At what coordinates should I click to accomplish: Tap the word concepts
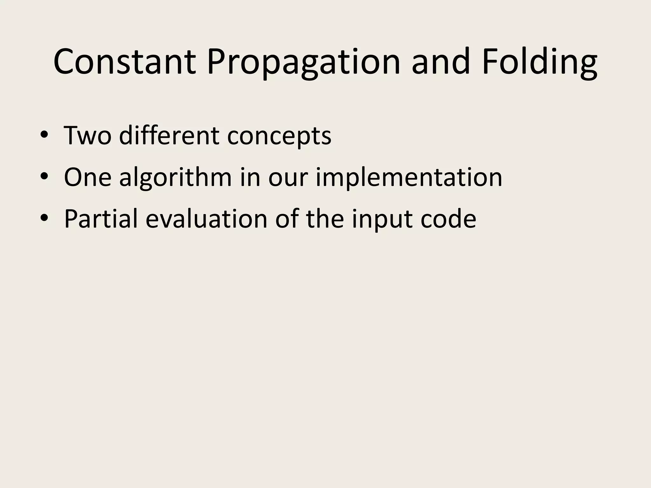pyautogui.click(x=279, y=137)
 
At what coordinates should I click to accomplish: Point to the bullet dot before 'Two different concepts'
pyautogui.click(x=44, y=136)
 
